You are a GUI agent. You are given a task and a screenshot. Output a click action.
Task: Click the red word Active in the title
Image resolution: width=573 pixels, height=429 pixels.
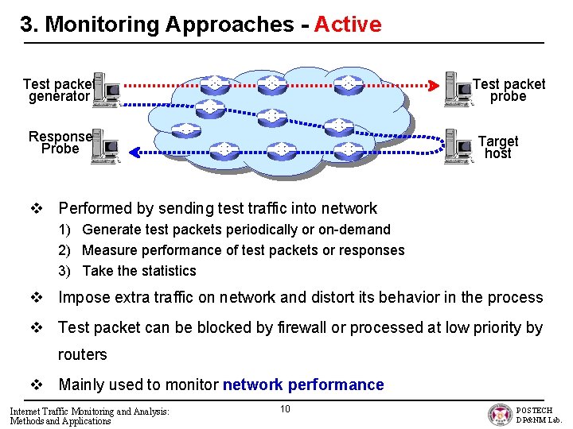pyautogui.click(x=348, y=25)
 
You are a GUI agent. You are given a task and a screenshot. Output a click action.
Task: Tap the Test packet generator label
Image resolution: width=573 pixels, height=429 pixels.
pyautogui.click(x=58, y=90)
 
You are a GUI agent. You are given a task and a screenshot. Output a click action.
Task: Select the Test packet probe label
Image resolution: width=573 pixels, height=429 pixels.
pyautogui.click(x=509, y=90)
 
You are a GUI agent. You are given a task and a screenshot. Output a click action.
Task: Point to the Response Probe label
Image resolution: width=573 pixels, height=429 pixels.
pyautogui.click(x=60, y=142)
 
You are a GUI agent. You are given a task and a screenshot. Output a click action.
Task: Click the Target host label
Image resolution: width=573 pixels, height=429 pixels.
pyautogui.click(x=498, y=147)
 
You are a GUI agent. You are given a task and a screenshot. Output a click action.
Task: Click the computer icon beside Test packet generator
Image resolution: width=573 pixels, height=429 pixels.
pyautogui.click(x=106, y=91)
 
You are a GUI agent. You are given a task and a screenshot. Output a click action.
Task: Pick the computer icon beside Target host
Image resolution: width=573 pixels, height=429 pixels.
pyautogui.click(x=459, y=144)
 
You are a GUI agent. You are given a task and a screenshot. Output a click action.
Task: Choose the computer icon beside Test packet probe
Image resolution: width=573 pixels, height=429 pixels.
pyautogui.click(x=458, y=88)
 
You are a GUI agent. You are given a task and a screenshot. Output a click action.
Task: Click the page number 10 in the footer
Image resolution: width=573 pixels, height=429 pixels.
pyautogui.click(x=285, y=408)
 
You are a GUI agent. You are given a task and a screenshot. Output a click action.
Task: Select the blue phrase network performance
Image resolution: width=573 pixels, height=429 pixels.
pyautogui.click(x=303, y=385)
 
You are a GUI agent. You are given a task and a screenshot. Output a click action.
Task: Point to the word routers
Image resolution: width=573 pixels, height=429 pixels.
pyautogui.click(x=83, y=354)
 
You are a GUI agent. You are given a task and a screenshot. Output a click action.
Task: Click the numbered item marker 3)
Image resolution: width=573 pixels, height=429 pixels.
pyautogui.click(x=67, y=271)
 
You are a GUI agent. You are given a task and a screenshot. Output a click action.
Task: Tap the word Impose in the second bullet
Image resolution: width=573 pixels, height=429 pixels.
pyautogui.click(x=85, y=298)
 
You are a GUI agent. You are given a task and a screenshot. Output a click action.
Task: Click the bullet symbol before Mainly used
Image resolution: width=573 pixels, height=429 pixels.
pyautogui.click(x=37, y=385)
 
